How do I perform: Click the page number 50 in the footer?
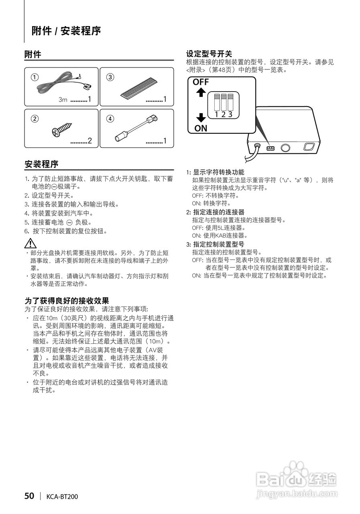29,496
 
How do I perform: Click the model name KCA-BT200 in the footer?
62,497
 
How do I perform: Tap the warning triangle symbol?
31,243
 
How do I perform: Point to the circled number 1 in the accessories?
35,77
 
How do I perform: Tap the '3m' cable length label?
63,100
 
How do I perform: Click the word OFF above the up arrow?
201,82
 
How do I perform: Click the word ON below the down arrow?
201,128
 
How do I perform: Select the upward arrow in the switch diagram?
201,93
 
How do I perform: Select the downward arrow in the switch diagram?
201,117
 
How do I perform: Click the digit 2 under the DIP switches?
223,114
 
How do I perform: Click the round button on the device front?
286,148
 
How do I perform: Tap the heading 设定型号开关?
209,54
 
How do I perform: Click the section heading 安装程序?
41,164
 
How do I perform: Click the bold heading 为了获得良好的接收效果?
67,301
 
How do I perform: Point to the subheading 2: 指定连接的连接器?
215,212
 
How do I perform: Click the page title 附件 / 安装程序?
66,31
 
